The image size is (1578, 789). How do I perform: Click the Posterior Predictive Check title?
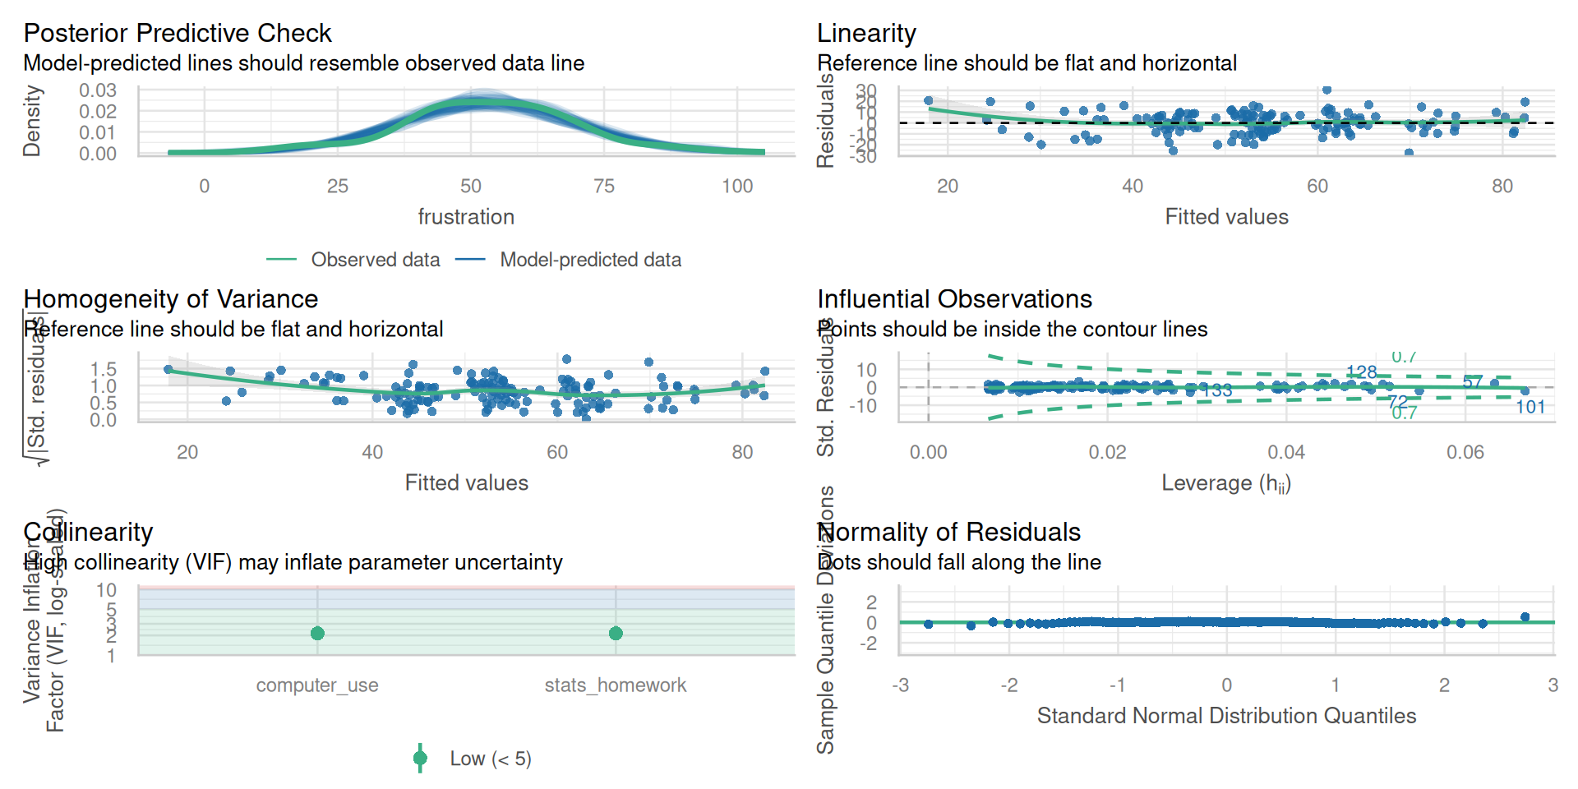pos(177,33)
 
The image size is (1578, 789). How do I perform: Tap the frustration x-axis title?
pos(466,217)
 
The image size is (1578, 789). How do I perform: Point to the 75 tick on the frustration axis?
pos(604,187)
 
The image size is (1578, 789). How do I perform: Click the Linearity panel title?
pos(866,33)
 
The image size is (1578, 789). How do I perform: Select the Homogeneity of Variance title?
pos(170,299)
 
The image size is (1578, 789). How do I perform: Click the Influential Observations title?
pos(954,299)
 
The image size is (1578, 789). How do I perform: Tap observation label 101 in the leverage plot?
pos(1530,407)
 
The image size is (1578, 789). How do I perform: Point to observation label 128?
pos(1362,372)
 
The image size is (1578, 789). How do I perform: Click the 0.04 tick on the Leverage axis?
pos(1286,453)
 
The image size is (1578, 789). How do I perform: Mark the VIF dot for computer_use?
pos(317,633)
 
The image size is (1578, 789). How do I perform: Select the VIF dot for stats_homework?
pos(616,633)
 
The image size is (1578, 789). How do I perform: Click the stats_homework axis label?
pos(615,685)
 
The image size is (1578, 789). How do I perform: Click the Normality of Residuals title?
pos(948,533)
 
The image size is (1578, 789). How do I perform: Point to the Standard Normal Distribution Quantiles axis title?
pos(1226,716)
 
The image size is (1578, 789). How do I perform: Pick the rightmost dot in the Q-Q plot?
pos(1525,617)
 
